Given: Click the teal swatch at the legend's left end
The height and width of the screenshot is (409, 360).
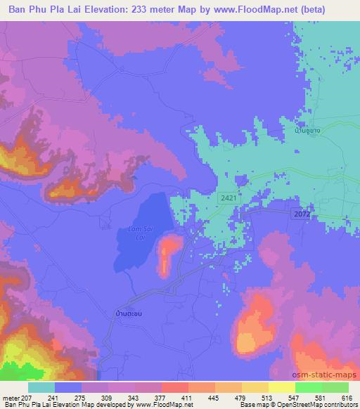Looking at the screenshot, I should [x=41, y=387].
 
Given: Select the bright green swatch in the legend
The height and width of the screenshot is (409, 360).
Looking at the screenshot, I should [x=308, y=387].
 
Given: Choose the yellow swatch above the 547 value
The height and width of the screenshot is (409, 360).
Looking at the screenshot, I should [x=281, y=387].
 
